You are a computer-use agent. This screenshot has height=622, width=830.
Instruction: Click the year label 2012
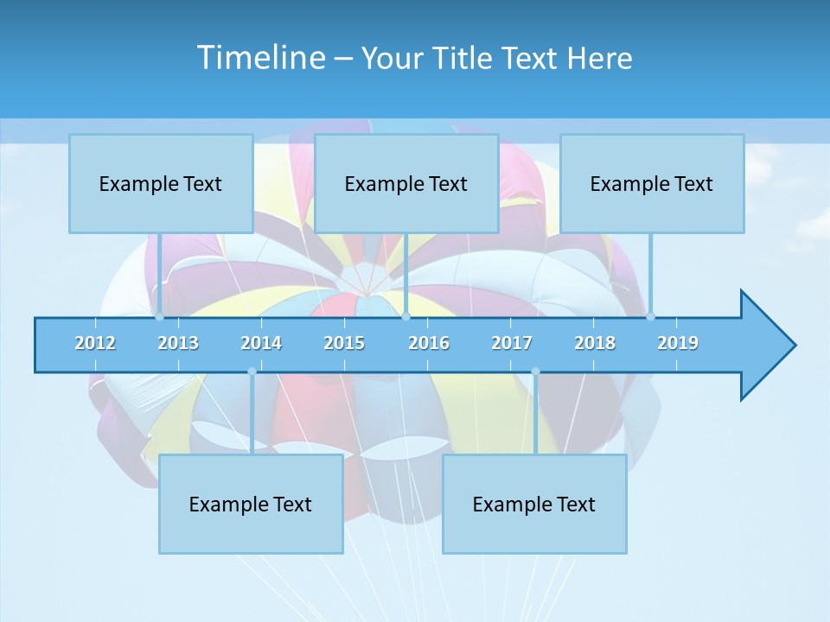pyautogui.click(x=95, y=343)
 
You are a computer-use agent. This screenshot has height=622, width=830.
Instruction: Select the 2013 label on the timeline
pyautogui.click(x=178, y=343)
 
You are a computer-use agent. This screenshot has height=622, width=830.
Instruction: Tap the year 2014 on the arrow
pyautogui.click(x=261, y=343)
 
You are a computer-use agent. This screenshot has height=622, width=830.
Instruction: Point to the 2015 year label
pyautogui.click(x=344, y=343)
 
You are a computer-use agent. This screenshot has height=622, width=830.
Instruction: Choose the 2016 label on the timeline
pyautogui.click(x=429, y=343)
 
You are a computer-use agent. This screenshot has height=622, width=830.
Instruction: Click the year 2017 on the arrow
pyautogui.click(x=512, y=343)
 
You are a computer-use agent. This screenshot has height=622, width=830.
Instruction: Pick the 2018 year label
pyautogui.click(x=595, y=343)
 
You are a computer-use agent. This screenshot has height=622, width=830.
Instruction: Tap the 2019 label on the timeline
pyautogui.click(x=678, y=343)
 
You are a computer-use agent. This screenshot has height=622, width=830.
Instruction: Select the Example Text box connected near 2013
pyautogui.click(x=161, y=183)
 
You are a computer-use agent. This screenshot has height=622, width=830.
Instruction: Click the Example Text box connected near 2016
pyautogui.click(x=406, y=183)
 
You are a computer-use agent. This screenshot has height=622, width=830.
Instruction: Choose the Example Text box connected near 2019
pyautogui.click(x=652, y=183)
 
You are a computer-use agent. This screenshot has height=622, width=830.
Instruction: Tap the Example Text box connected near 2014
pyautogui.click(x=251, y=504)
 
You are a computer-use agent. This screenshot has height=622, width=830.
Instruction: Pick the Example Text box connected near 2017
pyautogui.click(x=534, y=504)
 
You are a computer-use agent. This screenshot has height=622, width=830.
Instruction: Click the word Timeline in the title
pyautogui.click(x=260, y=58)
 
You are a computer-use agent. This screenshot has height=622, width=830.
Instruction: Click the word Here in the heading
pyautogui.click(x=599, y=59)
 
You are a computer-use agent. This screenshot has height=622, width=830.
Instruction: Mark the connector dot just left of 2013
pyautogui.click(x=159, y=316)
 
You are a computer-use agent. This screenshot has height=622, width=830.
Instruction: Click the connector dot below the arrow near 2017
pyautogui.click(x=535, y=371)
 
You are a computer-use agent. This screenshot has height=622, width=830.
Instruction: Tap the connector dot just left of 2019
pyautogui.click(x=650, y=316)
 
